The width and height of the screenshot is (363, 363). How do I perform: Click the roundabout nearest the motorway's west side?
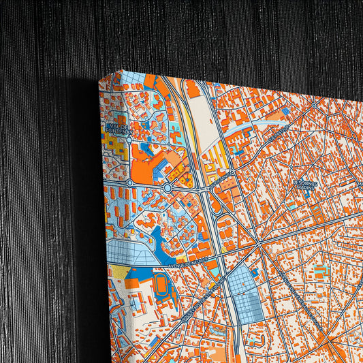coord(168,187)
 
